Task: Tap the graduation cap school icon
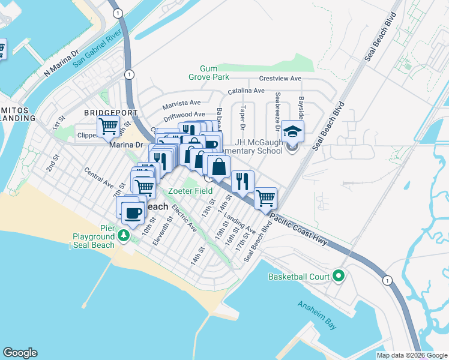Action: click(x=292, y=131)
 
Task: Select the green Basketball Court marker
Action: click(x=338, y=277)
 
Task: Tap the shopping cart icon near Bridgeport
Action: click(x=108, y=127)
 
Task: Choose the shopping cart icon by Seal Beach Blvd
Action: click(x=265, y=197)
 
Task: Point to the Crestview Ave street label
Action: click(x=280, y=79)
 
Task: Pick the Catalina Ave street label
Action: click(x=246, y=91)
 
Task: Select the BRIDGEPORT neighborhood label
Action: click(x=110, y=112)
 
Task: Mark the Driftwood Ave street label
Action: click(x=185, y=114)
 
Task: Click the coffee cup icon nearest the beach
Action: click(x=133, y=211)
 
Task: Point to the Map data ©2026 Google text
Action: click(x=412, y=355)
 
